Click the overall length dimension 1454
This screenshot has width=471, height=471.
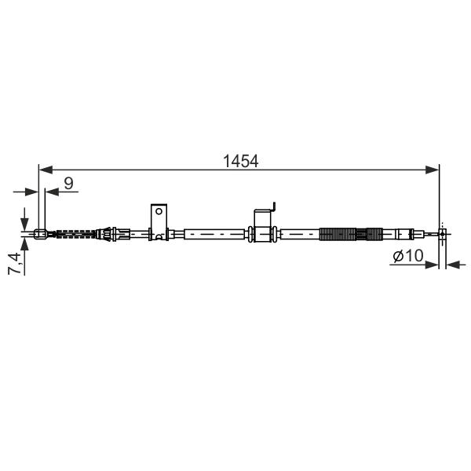pos(241,161)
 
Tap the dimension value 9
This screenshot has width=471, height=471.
pos(69,183)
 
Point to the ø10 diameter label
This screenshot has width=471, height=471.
pos(408,256)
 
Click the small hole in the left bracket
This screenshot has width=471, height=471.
pos(159,211)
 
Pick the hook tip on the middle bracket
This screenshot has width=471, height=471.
pos(274,203)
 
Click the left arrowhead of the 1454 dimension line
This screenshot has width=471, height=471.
pos(46,170)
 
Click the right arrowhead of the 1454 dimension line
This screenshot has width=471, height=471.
pos(433,170)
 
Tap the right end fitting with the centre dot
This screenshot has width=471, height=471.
pos(443,233)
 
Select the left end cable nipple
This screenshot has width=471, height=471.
pos(40,234)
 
